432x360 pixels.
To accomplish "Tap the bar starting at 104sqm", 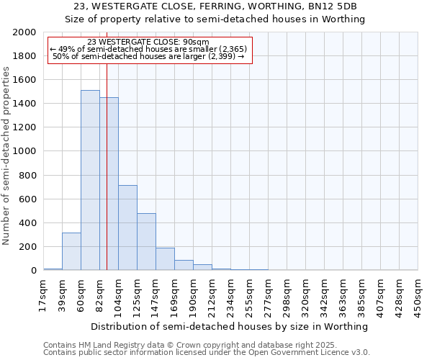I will point(127,228).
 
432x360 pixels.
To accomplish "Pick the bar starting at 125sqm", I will point(146,242).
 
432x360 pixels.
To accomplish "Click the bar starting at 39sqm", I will point(71,251).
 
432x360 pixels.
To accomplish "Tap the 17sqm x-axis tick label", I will point(43,294).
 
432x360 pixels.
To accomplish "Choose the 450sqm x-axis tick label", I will point(418,294).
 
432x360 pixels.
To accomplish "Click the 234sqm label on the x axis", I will point(230,294).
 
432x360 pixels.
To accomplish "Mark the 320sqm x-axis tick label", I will point(305,294).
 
